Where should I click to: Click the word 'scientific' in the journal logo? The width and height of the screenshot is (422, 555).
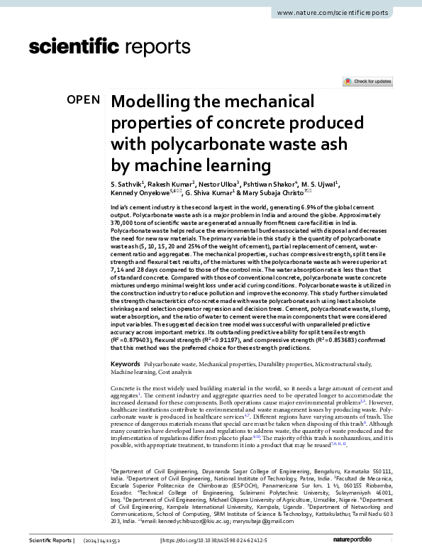click(x=74, y=48)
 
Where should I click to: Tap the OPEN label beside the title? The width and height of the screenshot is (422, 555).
click(x=84, y=100)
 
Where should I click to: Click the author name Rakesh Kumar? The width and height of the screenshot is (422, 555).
click(x=169, y=185)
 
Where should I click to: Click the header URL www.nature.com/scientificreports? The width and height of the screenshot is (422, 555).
click(x=334, y=13)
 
